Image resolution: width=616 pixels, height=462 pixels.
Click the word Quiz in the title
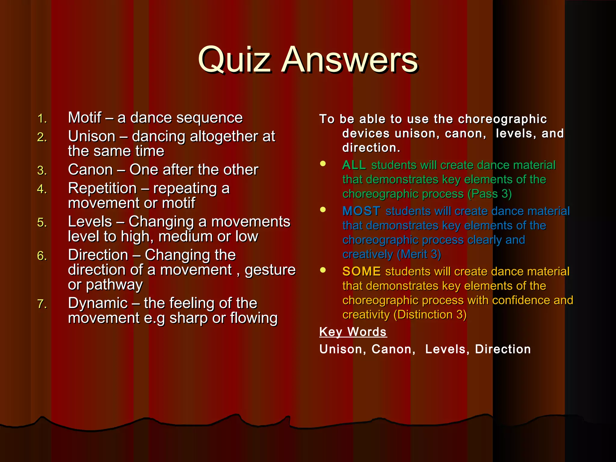235,60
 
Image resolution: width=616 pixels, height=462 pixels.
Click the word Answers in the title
350,60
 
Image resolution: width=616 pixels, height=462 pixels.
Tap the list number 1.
42,119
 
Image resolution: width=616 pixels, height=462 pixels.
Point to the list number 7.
42,304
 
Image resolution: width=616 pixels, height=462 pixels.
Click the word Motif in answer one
85,117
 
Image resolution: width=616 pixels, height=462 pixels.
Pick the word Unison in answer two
91,136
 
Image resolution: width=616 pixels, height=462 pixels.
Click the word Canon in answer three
90,170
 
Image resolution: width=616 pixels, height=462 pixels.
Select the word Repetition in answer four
102,189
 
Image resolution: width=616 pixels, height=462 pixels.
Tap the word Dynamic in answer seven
98,303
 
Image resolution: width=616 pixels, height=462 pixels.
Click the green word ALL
354,165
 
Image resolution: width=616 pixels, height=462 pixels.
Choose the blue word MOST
361,211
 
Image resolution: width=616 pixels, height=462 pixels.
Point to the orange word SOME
361,271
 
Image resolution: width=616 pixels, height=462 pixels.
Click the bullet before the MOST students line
323,210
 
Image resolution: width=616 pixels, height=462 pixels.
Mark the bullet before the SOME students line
323,270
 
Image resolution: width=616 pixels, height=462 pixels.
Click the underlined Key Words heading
353,332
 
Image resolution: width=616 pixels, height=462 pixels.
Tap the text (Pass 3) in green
489,194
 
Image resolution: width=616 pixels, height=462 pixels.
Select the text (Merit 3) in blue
419,254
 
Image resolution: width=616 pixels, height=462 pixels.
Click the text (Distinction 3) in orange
430,315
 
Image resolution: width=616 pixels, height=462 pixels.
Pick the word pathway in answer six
114,285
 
